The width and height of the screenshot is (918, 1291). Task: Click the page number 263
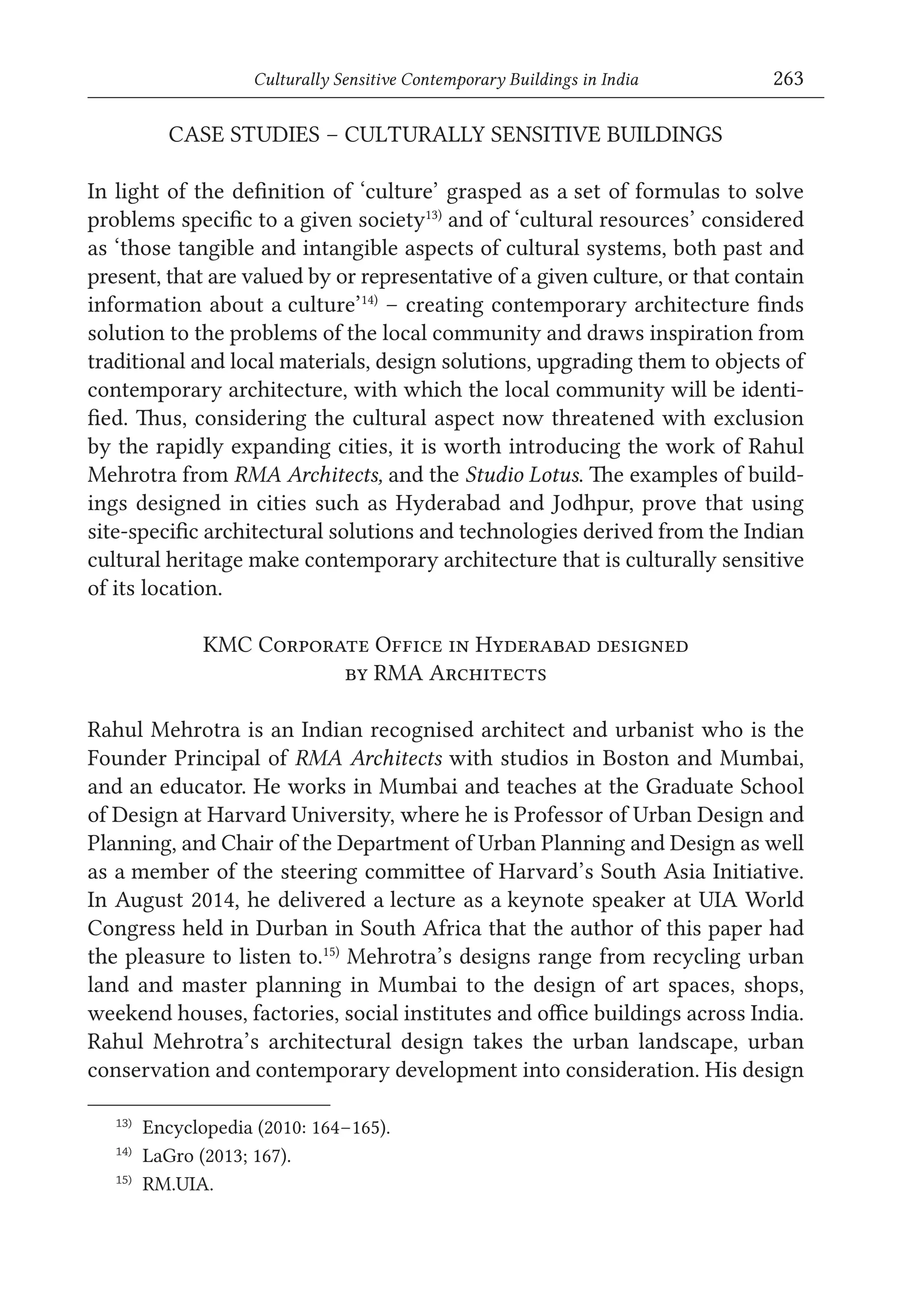788,78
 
